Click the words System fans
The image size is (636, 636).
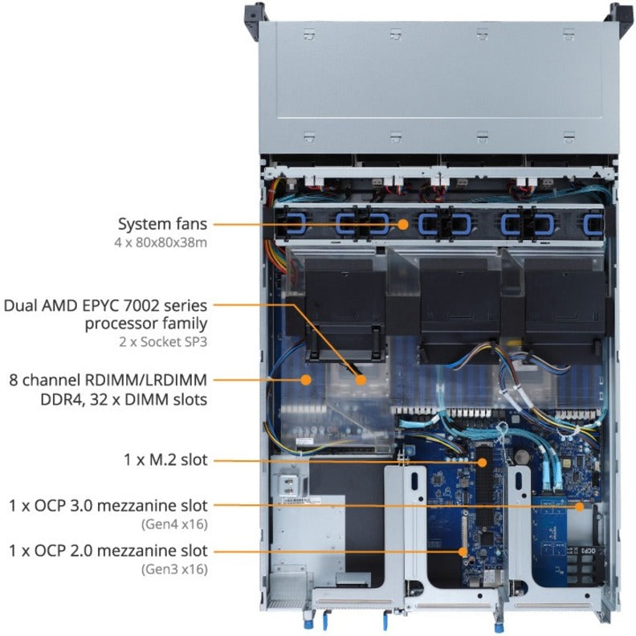point(163,224)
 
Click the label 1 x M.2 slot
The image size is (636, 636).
point(165,461)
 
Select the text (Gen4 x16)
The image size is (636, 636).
point(174,524)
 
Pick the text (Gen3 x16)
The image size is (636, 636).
point(174,569)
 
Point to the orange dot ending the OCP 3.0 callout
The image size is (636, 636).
point(581,507)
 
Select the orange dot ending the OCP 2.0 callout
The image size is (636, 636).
point(463,552)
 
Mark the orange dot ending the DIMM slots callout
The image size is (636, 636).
point(305,380)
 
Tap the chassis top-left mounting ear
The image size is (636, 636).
point(254,11)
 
